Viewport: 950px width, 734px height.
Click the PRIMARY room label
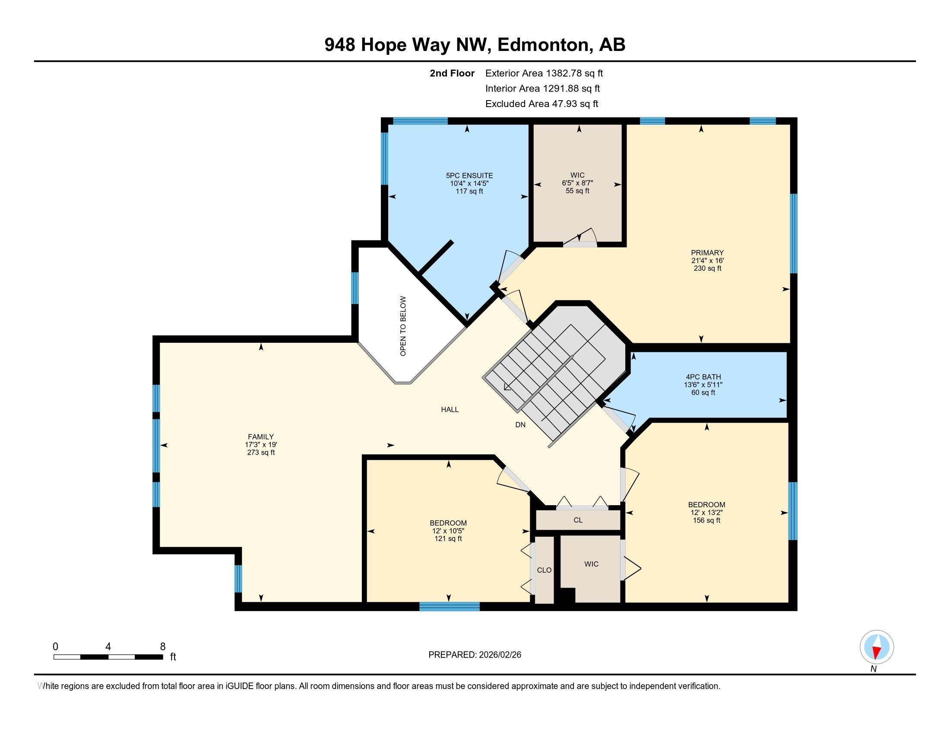click(x=707, y=253)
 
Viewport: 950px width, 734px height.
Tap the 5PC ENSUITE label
click(x=469, y=176)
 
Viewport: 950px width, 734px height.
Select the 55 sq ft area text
click(x=577, y=191)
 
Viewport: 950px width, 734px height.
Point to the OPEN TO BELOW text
click(x=403, y=326)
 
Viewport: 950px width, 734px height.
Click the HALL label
click(x=450, y=410)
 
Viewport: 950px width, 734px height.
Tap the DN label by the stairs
click(x=520, y=425)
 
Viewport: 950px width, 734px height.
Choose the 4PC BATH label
click(x=703, y=377)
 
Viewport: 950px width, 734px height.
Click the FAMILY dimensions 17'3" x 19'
click(x=261, y=445)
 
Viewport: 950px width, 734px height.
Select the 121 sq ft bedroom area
click(x=448, y=539)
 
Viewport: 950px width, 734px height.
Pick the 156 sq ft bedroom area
click(x=706, y=521)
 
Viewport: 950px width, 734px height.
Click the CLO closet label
click(x=544, y=570)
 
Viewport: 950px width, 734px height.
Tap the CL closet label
click(x=578, y=520)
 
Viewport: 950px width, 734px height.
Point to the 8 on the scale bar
click(x=163, y=647)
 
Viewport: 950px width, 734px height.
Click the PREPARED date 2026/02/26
click(x=475, y=655)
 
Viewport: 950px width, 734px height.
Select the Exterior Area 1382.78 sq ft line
click(x=544, y=73)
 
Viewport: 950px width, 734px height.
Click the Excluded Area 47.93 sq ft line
click(x=541, y=104)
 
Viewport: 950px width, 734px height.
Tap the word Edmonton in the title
click(x=542, y=45)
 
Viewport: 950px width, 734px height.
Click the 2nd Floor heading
click(x=452, y=73)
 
